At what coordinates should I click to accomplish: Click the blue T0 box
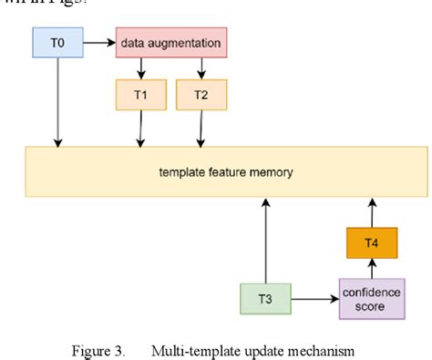tap(58, 42)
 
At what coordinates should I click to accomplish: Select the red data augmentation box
tap(170, 42)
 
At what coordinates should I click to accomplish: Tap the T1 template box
tap(140, 94)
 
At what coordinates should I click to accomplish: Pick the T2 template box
tap(200, 94)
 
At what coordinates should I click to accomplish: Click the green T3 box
tap(265, 298)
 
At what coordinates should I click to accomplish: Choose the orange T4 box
tap(371, 243)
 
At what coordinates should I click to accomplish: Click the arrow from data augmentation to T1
tap(140, 68)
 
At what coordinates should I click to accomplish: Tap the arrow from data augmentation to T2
tap(200, 68)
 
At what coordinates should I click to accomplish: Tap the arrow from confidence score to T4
tap(371, 268)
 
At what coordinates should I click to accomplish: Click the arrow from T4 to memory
tap(371, 212)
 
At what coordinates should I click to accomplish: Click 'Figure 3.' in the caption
tap(99, 349)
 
